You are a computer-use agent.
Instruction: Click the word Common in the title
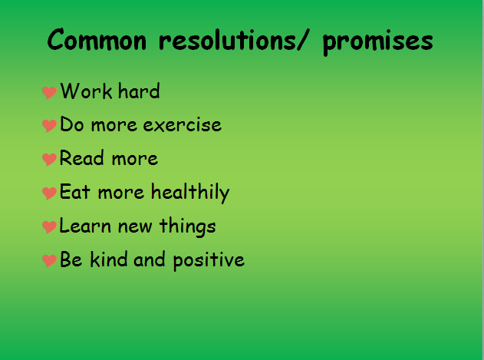[97, 39]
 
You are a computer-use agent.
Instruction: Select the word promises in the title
[378, 43]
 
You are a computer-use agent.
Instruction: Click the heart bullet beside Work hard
[49, 92]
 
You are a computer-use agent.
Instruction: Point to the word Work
[86, 91]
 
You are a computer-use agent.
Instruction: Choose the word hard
[139, 91]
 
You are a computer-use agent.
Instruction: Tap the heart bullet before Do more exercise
[49, 125]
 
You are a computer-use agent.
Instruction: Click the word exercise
[182, 125]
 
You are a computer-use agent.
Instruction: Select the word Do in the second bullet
[71, 124]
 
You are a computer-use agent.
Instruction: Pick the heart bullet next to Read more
[49, 159]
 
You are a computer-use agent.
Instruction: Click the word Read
[81, 157]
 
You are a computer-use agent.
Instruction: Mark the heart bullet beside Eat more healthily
[49, 193]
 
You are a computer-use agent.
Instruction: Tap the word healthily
[190, 193]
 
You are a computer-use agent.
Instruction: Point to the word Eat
[74, 191]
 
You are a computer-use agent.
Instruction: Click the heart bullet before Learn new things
[49, 226]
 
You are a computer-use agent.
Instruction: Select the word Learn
[85, 225]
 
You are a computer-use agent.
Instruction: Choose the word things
[187, 226]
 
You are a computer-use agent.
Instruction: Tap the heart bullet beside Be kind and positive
[49, 260]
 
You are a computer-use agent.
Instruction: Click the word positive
[209, 261]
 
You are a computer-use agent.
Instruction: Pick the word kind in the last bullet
[108, 259]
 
